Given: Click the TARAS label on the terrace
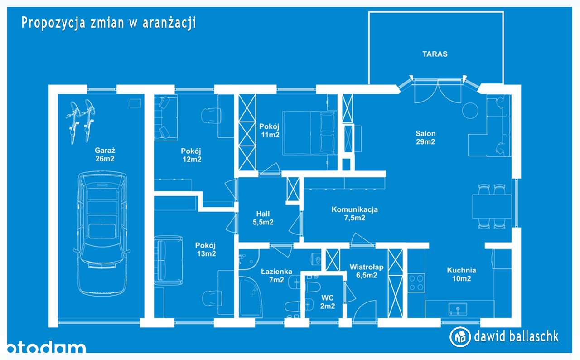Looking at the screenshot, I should (x=435, y=54).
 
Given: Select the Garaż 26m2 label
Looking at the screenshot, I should (x=104, y=155).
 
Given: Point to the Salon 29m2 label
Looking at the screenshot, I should (x=425, y=137).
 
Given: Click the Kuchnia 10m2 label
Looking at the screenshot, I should (x=461, y=274).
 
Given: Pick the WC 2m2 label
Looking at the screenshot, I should (x=328, y=302).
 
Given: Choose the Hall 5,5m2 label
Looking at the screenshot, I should (x=262, y=218).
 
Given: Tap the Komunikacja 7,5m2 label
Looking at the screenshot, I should (x=354, y=214).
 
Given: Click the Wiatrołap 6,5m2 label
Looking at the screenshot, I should (x=366, y=271).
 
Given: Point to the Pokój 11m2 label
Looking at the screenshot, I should (x=269, y=130).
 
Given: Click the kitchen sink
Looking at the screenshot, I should (x=458, y=310).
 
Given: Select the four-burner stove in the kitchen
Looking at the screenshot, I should (x=416, y=282).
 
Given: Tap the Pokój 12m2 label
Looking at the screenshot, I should (x=191, y=155).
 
